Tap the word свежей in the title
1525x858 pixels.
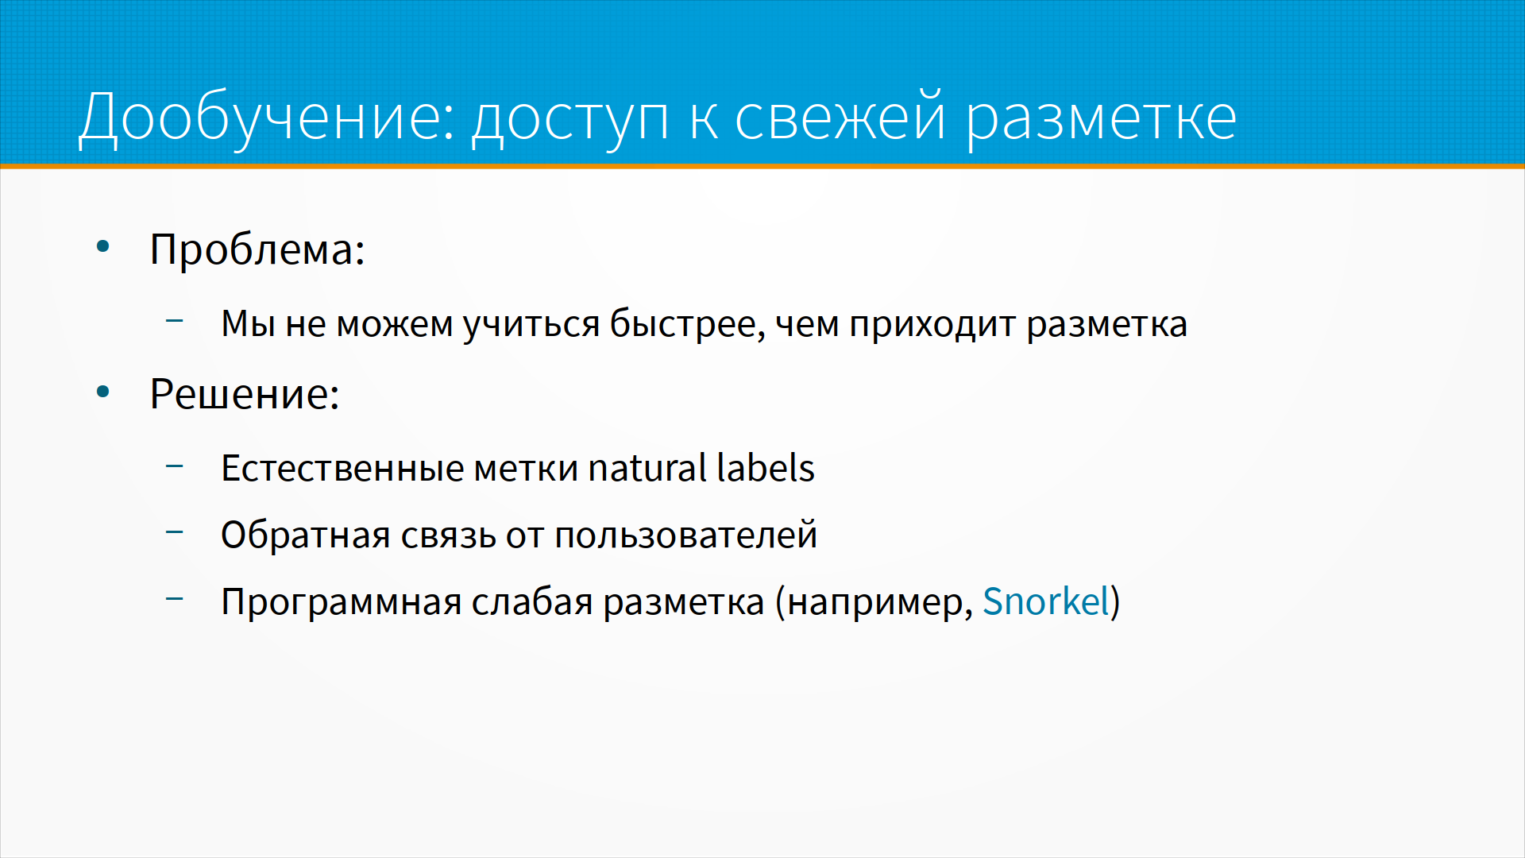click(840, 118)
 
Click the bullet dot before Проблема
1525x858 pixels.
click(102, 247)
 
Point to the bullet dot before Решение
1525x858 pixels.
click(102, 392)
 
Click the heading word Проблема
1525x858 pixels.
click(257, 249)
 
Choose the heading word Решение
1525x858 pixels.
click(245, 394)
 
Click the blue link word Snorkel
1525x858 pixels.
click(1046, 601)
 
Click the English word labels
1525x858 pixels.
click(766, 468)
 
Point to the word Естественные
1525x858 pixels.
click(343, 468)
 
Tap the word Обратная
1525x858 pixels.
click(306, 535)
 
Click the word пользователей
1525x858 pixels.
click(686, 535)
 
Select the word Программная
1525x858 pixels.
click(342, 602)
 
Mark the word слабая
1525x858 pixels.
click(532, 601)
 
